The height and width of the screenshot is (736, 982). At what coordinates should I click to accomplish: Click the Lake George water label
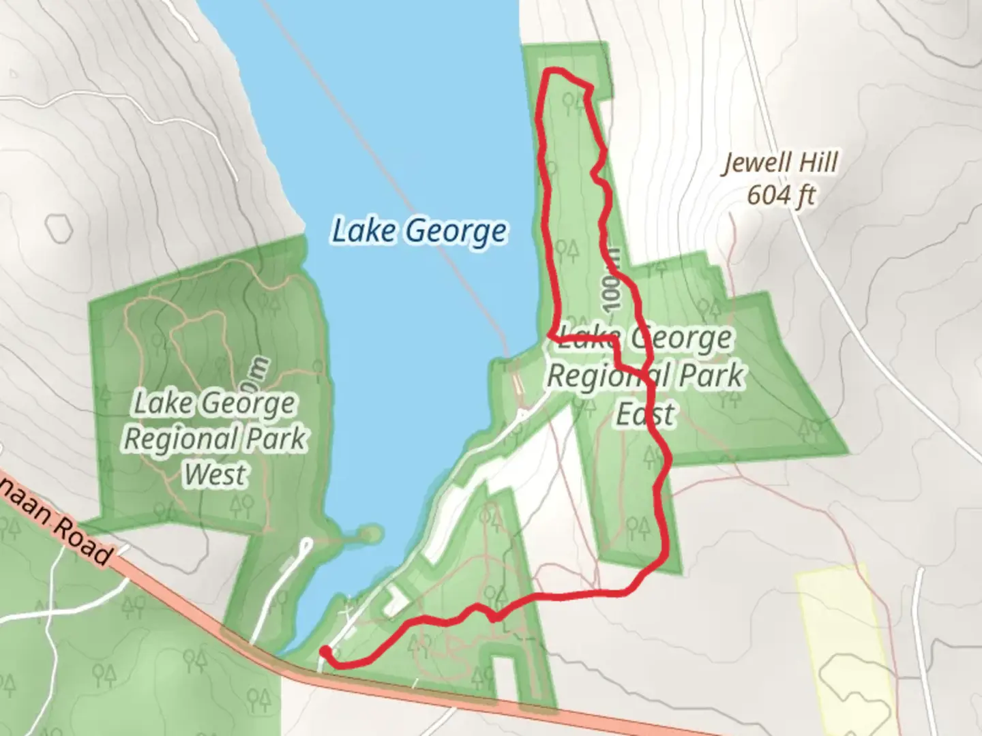click(419, 231)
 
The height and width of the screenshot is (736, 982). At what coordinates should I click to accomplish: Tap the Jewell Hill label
click(780, 163)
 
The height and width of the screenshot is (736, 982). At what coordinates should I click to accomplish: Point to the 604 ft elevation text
click(781, 196)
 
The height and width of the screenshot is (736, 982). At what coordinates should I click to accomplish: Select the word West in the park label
click(214, 474)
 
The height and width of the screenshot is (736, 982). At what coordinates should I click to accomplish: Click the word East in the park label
click(645, 413)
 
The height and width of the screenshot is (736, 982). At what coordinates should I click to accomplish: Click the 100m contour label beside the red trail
click(613, 280)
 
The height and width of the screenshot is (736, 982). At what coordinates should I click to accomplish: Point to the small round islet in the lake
click(370, 534)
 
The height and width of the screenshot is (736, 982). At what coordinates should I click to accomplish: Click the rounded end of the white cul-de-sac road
click(306, 543)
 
